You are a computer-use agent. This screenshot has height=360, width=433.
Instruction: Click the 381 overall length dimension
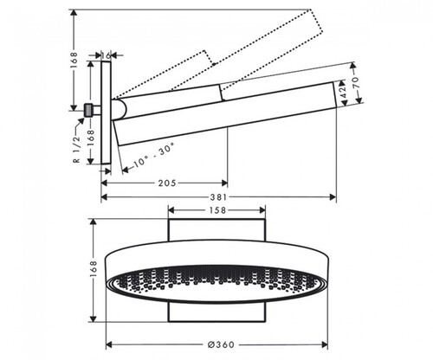[218, 197]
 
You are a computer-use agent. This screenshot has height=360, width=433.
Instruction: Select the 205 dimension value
[167, 183]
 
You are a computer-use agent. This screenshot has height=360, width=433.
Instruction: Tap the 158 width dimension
[217, 210]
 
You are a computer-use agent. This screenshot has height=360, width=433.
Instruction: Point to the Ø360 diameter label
[221, 344]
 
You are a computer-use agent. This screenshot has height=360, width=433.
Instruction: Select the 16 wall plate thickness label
[106, 55]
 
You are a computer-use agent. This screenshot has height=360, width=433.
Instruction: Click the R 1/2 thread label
[77, 149]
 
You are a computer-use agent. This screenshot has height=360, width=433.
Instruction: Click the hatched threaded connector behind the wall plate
[88, 110]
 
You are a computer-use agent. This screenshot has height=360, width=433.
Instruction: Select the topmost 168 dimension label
[74, 60]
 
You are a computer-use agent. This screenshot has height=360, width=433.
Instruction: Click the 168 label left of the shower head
[93, 269]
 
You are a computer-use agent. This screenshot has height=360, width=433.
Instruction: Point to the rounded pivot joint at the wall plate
[120, 109]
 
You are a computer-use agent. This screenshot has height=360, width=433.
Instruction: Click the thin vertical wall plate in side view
[106, 112]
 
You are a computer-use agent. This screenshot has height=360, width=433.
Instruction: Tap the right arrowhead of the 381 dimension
[333, 197]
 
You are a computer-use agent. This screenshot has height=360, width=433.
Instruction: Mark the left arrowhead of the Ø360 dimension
[109, 344]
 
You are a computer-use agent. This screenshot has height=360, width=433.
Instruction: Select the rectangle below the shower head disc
[216, 312]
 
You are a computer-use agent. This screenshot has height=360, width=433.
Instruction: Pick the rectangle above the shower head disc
[216, 229]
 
